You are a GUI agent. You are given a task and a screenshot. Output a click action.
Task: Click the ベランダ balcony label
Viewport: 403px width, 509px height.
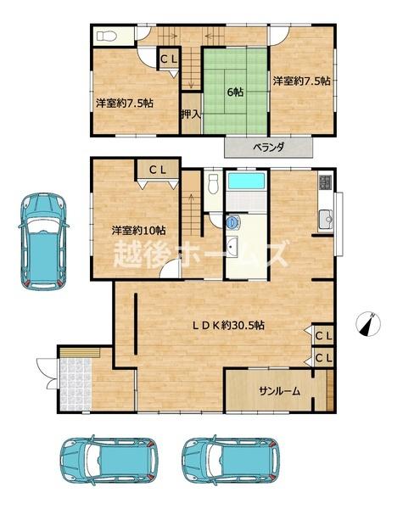(x=269, y=148)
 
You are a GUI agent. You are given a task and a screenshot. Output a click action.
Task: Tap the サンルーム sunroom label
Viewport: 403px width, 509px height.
(x=279, y=391)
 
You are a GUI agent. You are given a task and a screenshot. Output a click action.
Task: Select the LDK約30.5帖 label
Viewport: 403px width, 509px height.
(x=228, y=325)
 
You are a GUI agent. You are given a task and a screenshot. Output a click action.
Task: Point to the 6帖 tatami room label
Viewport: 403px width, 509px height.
(x=235, y=92)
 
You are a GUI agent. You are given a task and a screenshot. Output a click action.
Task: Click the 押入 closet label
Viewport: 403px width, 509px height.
(x=191, y=115)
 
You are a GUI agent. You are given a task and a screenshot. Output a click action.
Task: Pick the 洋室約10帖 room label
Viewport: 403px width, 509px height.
(x=138, y=231)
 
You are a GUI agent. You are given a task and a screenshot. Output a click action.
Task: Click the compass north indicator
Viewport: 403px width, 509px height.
(x=368, y=323)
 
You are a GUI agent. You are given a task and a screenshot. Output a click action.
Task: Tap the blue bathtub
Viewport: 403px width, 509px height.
(x=247, y=181)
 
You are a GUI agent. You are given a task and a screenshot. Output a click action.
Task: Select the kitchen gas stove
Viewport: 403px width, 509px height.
(x=326, y=182)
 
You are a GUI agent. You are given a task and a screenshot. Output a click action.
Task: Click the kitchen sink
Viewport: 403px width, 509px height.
(x=326, y=220)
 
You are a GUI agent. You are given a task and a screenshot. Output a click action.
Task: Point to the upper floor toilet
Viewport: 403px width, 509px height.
(x=107, y=36)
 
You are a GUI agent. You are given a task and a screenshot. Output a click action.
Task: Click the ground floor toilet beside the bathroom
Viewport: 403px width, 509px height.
(x=213, y=184)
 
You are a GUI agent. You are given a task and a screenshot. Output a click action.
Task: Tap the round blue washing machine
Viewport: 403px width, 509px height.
(x=232, y=222)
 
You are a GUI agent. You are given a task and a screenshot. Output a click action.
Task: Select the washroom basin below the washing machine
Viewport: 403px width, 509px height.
(x=232, y=246)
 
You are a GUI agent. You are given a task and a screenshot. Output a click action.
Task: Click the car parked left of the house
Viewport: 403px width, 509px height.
(x=43, y=241)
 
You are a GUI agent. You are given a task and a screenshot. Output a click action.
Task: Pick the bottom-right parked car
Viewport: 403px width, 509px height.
(x=231, y=460)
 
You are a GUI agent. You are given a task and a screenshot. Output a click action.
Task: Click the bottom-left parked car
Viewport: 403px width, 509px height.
(x=109, y=460)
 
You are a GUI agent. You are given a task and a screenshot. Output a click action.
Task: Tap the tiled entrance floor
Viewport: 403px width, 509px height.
(x=76, y=384)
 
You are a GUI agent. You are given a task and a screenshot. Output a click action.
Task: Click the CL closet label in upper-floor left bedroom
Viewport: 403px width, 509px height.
(x=169, y=59)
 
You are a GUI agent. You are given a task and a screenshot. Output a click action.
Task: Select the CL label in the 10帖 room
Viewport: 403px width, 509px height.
(x=158, y=170)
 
